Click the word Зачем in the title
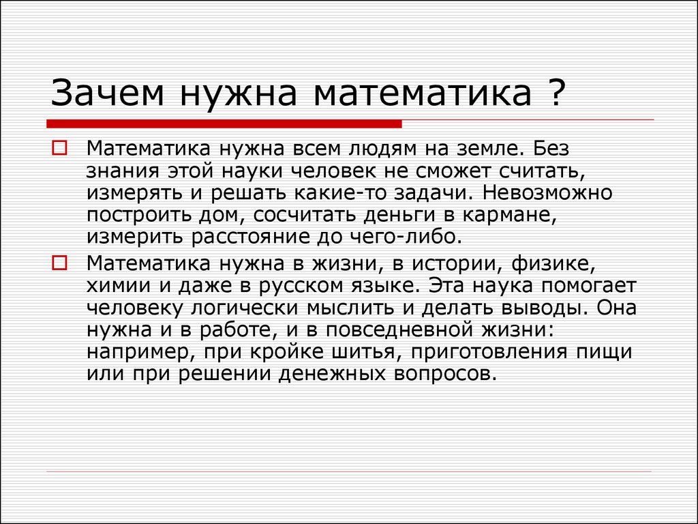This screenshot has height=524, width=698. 107,93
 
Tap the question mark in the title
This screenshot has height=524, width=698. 556,92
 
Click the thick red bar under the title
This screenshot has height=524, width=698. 224,124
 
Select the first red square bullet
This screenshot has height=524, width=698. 60,148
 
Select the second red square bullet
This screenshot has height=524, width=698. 60,263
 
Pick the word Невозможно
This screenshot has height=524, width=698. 547,192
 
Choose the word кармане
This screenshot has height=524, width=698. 509,216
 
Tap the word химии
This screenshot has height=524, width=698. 119,286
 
